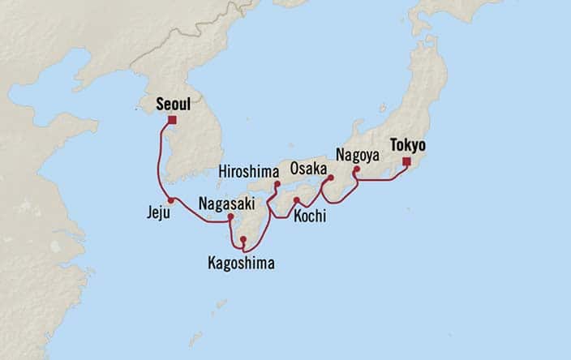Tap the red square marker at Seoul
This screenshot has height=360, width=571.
172,120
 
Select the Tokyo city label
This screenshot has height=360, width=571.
407,145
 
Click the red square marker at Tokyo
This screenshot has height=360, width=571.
406,161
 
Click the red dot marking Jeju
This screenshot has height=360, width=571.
170,200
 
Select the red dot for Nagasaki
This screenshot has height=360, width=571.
230,216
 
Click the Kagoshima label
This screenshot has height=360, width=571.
241,263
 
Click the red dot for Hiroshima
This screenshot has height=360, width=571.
277,185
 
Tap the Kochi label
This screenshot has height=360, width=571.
311,216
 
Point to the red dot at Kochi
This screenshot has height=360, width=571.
297,200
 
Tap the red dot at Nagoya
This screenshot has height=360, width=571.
356,169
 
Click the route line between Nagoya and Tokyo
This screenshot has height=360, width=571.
381,180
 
